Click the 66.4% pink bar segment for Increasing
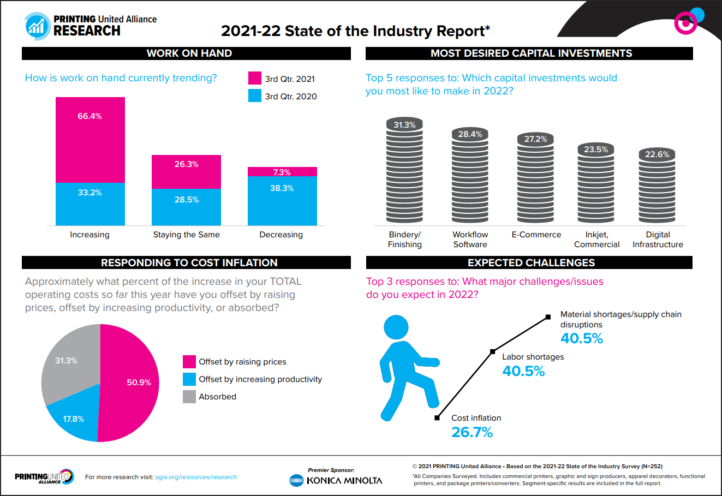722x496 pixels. (90, 140)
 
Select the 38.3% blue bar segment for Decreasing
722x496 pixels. (282, 201)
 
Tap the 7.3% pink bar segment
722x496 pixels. (282, 172)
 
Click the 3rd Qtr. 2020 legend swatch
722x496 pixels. (255, 96)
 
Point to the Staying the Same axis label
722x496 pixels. (186, 235)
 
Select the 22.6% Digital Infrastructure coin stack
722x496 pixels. (657, 186)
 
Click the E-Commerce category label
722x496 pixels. (536, 235)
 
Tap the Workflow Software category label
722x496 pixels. (470, 240)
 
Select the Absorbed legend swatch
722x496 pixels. (189, 397)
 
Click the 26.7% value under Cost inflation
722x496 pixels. (472, 432)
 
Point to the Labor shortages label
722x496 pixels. (533, 357)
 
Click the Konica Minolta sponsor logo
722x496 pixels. (336, 480)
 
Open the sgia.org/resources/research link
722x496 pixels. (196, 477)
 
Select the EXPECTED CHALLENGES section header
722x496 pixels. (530, 262)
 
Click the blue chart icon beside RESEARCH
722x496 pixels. (37, 26)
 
